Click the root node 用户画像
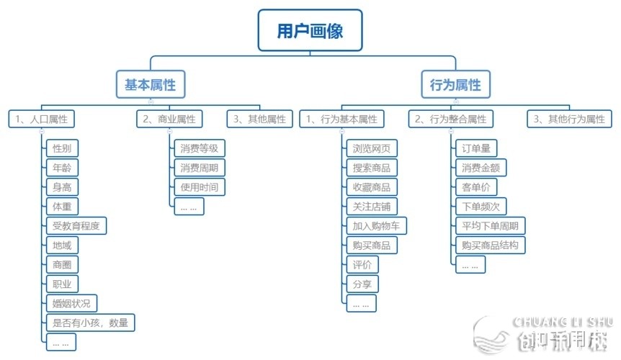point(310,31)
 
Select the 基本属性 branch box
point(150,84)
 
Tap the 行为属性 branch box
point(455,84)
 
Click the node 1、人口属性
point(43,119)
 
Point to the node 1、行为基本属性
point(341,119)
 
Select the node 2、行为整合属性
point(450,119)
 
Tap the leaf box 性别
point(61,149)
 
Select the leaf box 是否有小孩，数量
point(90,323)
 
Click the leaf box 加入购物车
point(376,226)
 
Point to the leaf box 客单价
point(475,187)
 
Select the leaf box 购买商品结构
point(491,246)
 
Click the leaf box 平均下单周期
point(491,226)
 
